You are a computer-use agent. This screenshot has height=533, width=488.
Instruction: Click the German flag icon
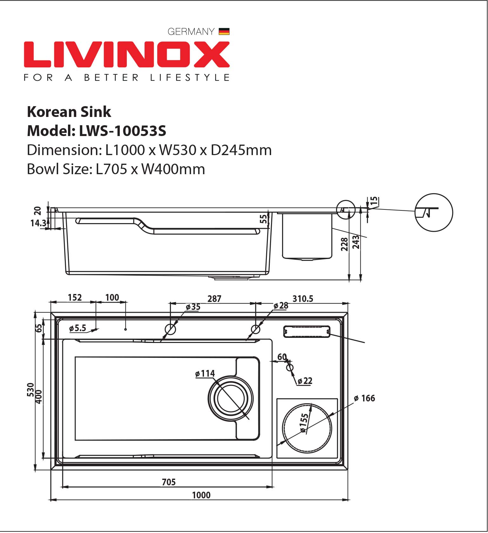click(x=224, y=31)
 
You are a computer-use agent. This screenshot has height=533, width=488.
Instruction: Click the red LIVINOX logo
click(x=127, y=54)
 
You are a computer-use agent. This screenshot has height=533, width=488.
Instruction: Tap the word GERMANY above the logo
click(x=191, y=31)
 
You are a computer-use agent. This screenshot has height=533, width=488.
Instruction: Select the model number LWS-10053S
click(x=123, y=131)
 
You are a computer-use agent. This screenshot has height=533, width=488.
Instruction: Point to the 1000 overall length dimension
click(x=201, y=495)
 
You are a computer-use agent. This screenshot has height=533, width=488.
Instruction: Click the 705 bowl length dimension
click(x=169, y=482)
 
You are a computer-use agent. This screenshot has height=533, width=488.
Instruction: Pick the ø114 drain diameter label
click(x=205, y=373)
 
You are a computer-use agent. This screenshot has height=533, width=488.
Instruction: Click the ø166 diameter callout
click(x=364, y=398)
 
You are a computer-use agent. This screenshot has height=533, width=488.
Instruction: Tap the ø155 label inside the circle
click(x=304, y=423)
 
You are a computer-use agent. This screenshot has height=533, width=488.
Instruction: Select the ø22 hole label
click(x=305, y=380)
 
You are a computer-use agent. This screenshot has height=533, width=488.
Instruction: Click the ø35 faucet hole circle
click(x=170, y=329)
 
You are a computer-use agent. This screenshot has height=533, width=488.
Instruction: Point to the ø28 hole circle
click(x=256, y=329)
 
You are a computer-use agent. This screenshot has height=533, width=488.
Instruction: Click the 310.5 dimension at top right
click(x=303, y=298)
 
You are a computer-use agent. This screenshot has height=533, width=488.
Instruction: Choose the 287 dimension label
click(x=214, y=298)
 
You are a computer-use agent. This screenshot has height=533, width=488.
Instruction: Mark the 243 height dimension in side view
click(x=356, y=242)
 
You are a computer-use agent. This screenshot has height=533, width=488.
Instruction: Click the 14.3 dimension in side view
click(x=38, y=223)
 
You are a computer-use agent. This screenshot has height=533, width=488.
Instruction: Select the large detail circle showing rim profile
click(x=434, y=212)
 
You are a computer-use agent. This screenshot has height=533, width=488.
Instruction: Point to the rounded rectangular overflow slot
click(x=307, y=331)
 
